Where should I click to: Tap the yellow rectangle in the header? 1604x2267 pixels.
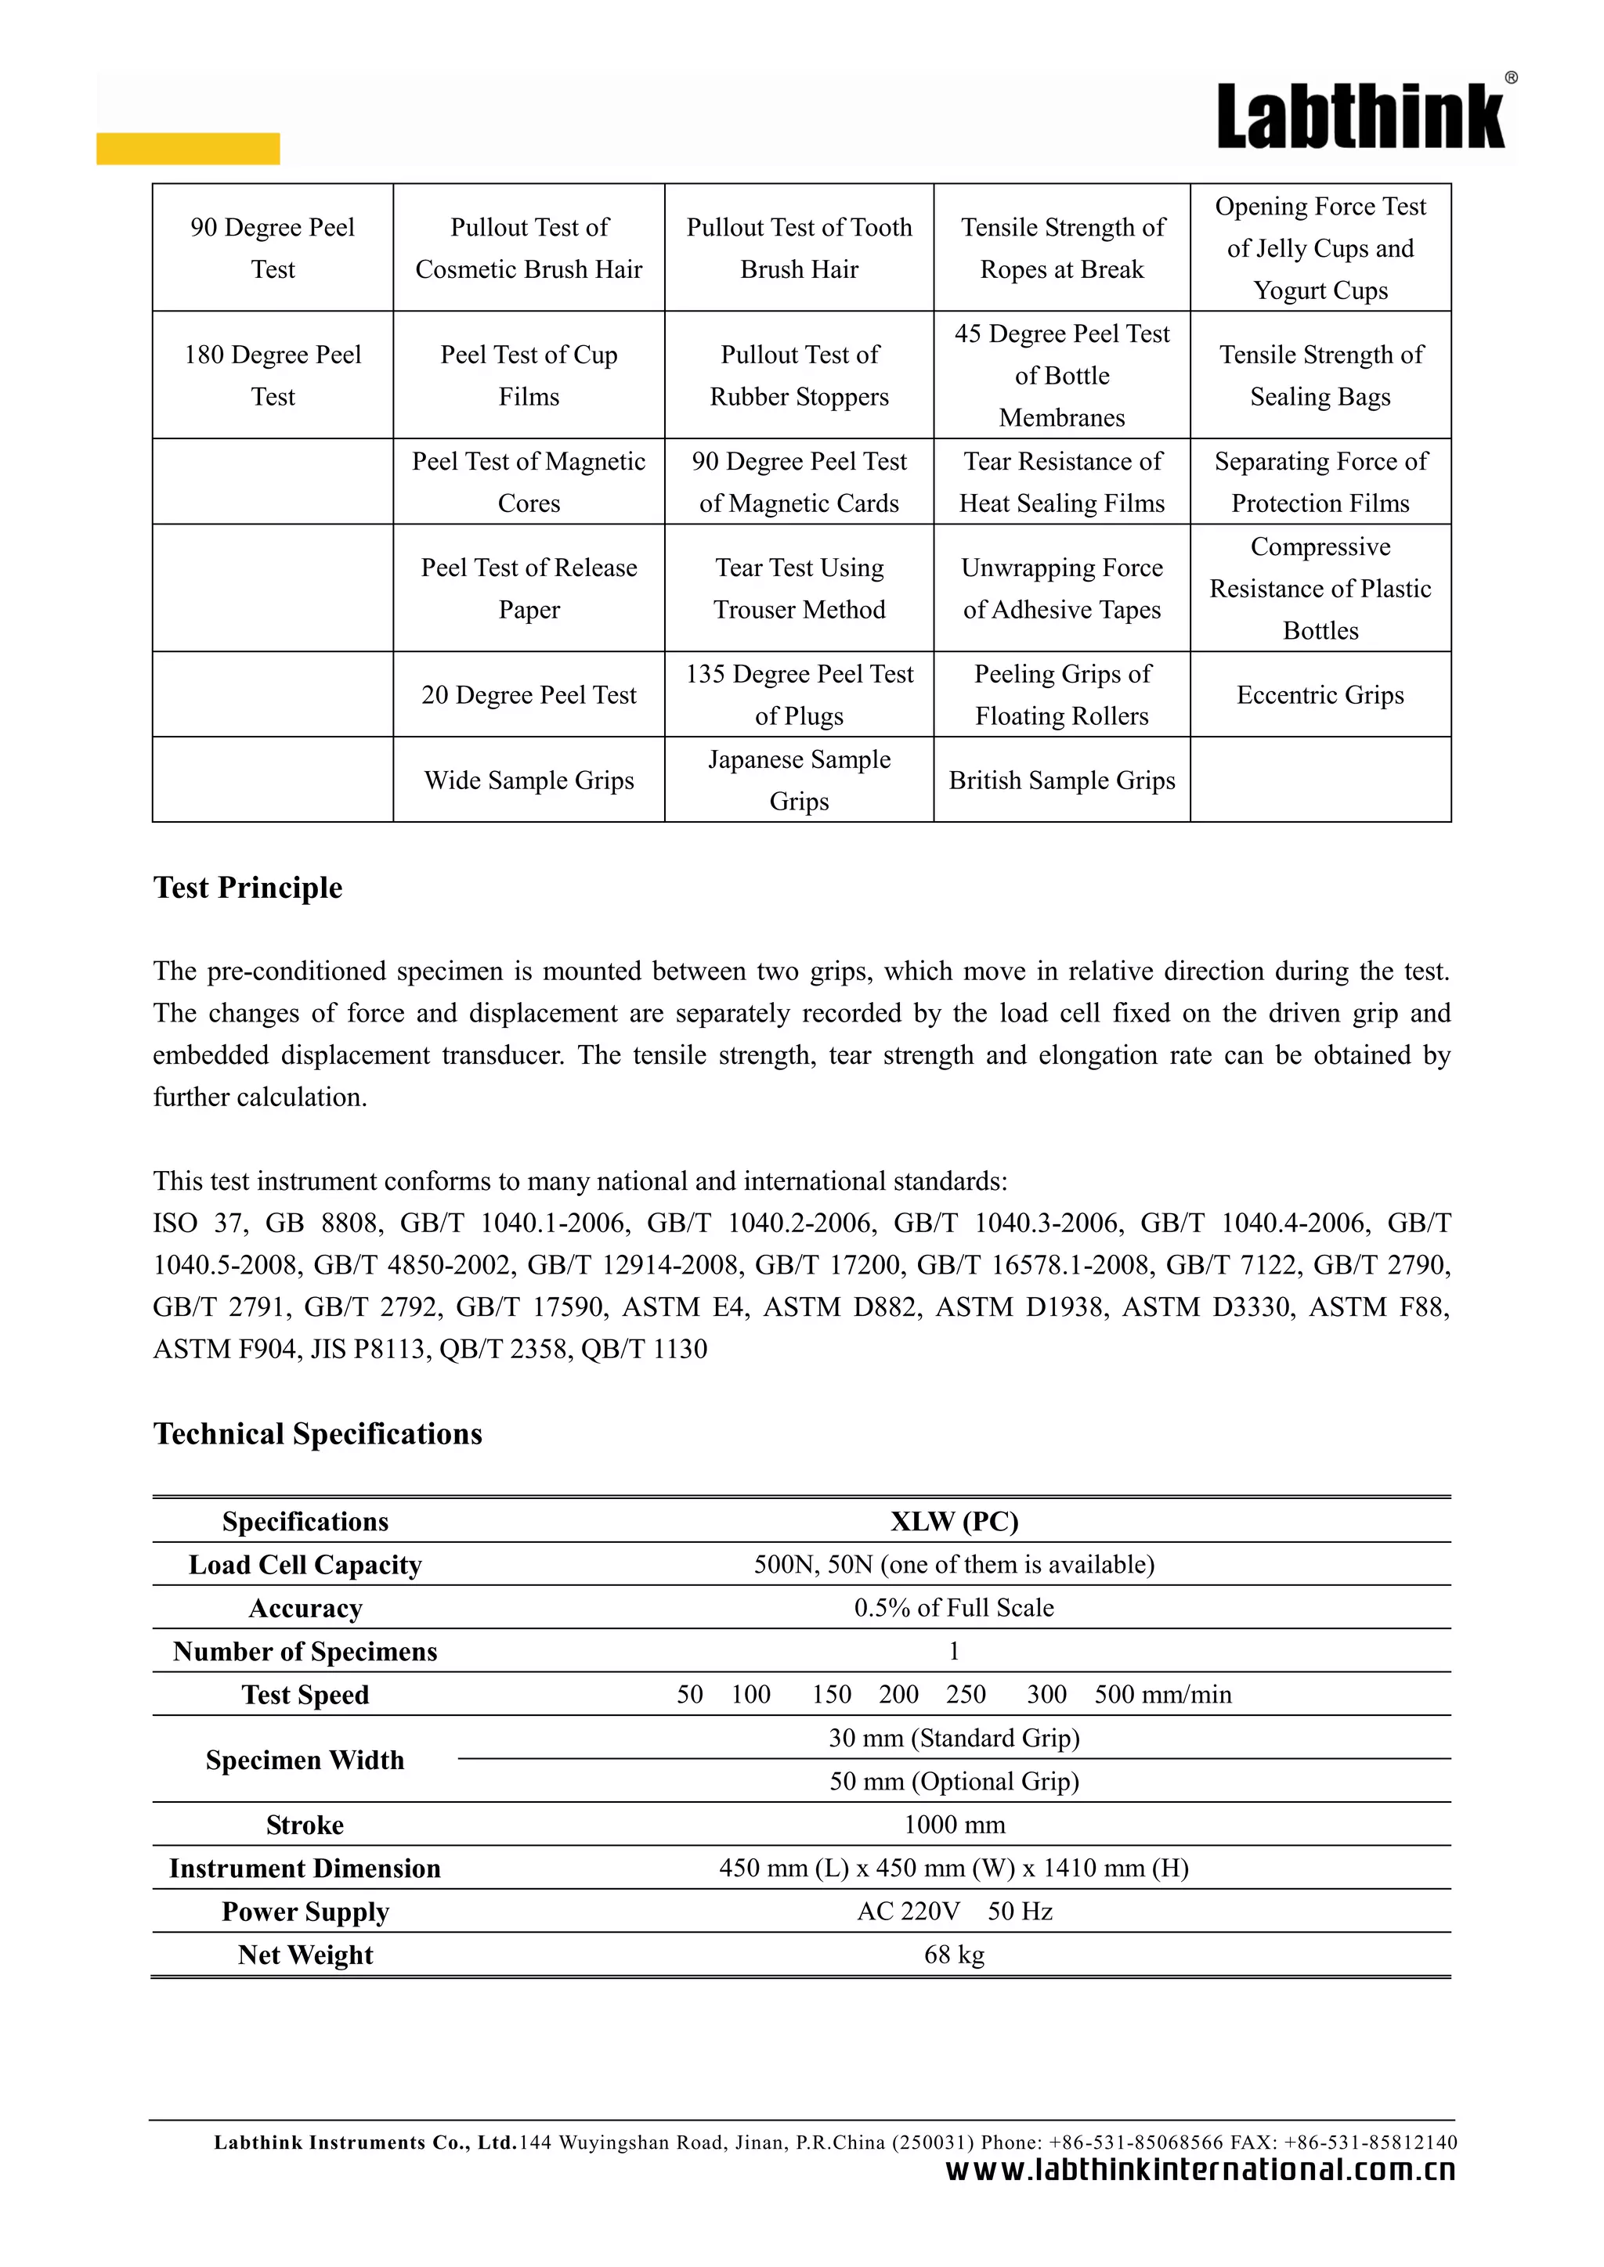(x=188, y=148)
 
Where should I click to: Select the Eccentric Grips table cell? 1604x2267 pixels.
(x=1320, y=695)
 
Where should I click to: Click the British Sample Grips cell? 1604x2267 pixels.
(x=1062, y=780)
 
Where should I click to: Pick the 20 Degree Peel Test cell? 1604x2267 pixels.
(x=529, y=695)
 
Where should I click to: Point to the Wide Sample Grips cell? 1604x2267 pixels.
(x=529, y=780)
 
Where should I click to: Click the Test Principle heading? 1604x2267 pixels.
(x=248, y=888)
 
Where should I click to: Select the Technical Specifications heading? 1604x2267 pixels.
(x=317, y=1433)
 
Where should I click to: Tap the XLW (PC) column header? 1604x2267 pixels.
(x=954, y=1520)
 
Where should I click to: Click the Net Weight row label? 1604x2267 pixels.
(x=305, y=1955)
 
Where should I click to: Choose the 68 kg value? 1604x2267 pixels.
(x=954, y=1955)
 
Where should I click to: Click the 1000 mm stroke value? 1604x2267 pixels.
(x=954, y=1825)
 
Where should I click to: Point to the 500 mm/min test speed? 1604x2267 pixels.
(x=1162, y=1694)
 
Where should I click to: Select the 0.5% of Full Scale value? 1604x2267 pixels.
(x=954, y=1607)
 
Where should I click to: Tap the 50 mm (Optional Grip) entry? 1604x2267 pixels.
(x=954, y=1781)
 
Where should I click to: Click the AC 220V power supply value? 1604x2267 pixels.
(x=909, y=1912)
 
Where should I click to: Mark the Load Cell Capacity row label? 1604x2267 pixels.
(x=305, y=1564)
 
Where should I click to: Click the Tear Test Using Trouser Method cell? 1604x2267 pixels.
(x=799, y=589)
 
